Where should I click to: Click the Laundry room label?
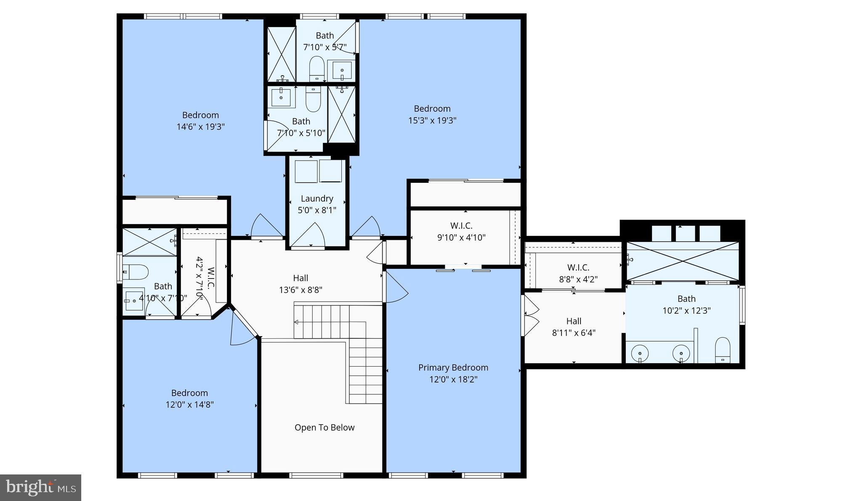coord(317,198)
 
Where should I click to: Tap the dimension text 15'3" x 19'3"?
coord(432,121)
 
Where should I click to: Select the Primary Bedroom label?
coord(453,367)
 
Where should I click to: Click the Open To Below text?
coord(325,428)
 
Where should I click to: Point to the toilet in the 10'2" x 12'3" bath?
coord(723,350)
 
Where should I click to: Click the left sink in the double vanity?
coord(640,352)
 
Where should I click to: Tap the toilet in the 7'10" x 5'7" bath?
coord(317,68)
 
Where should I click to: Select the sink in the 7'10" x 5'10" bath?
coord(281,98)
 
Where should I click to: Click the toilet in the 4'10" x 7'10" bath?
coord(136,272)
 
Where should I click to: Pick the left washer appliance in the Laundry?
coord(306,171)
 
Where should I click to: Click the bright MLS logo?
coord(41,488)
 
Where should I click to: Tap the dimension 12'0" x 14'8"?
coord(189,405)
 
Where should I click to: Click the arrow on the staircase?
coord(296,322)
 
